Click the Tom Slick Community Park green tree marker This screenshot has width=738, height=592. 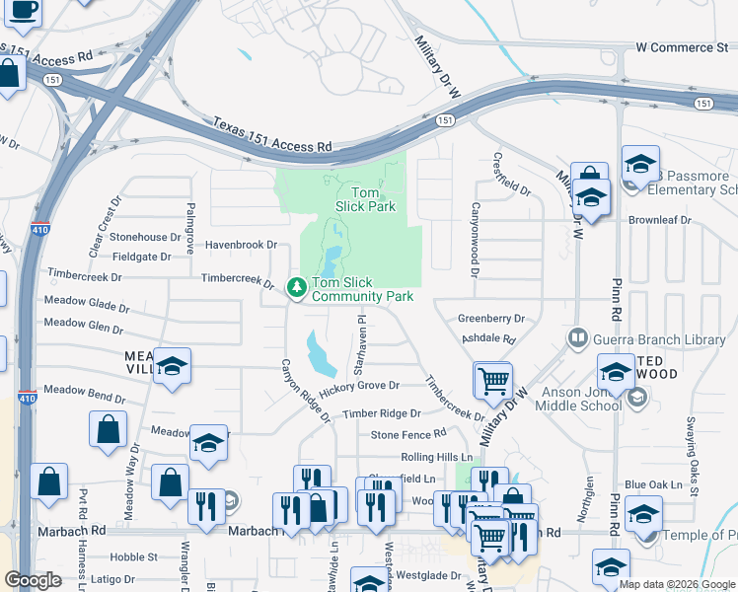point(295,287)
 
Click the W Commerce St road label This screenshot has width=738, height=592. point(682,47)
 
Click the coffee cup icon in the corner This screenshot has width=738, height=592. point(20,10)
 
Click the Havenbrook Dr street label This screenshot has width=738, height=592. point(241,245)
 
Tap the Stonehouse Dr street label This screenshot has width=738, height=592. point(152,237)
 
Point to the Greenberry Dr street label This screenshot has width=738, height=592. point(490,319)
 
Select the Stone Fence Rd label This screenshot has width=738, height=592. point(408,434)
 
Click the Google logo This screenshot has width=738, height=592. point(34,580)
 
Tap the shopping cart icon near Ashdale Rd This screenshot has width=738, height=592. point(493,380)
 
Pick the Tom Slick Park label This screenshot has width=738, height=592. point(366,199)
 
